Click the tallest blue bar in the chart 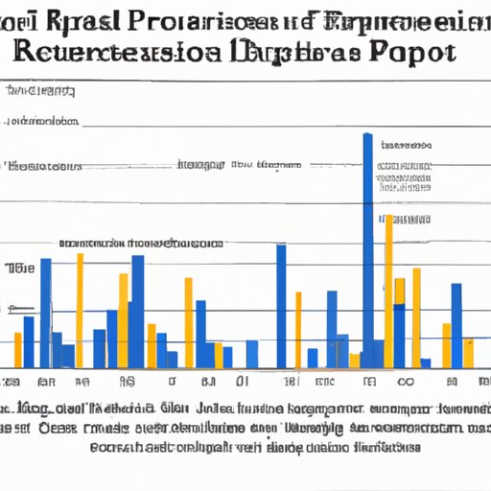[368, 249]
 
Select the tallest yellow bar [388, 288]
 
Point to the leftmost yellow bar [17, 350]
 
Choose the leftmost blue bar [29, 341]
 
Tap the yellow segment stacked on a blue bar [355, 360]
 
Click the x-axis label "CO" [405, 382]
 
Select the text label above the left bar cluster [141, 244]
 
